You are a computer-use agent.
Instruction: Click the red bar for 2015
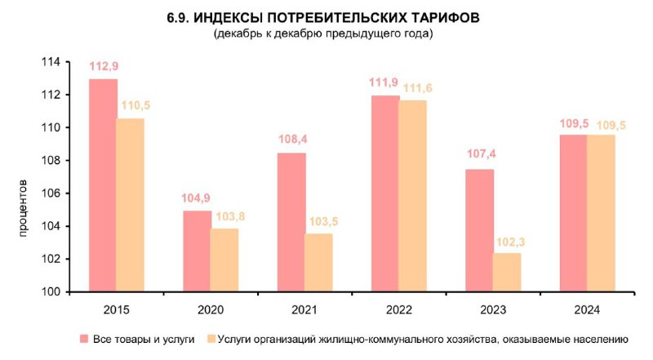click(103, 185)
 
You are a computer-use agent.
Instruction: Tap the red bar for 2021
click(291, 222)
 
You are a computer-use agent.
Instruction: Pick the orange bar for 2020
click(224, 260)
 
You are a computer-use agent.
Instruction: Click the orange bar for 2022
click(413, 196)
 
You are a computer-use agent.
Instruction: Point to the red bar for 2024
click(573, 213)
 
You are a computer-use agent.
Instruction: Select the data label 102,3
click(507, 242)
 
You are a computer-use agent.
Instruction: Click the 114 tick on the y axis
click(52, 62)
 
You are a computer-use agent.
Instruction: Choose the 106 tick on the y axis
click(52, 193)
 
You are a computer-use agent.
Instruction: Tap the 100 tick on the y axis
click(52, 292)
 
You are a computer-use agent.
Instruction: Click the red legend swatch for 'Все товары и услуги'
click(83, 339)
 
